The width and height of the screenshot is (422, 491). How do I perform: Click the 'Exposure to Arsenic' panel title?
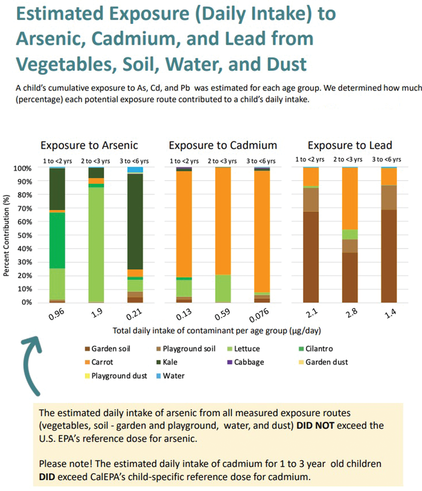(89, 145)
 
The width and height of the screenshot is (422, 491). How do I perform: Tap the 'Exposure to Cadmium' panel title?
(223, 145)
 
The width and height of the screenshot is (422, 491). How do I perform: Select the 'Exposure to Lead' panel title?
(349, 145)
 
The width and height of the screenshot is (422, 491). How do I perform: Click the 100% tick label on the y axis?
(23, 168)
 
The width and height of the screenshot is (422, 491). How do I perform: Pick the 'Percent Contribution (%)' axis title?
(6, 235)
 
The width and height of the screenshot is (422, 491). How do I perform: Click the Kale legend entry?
(167, 362)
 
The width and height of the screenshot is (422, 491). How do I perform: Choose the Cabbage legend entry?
(246, 362)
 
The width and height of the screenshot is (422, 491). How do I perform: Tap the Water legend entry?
(170, 376)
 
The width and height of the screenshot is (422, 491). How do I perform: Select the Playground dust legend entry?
(116, 376)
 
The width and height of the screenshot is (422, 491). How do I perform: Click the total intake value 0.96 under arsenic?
(56, 314)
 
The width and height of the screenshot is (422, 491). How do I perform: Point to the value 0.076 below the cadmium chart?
(259, 315)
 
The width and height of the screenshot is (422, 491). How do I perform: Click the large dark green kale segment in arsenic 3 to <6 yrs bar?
(135, 221)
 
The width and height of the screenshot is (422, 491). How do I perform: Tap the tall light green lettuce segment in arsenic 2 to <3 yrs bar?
(96, 244)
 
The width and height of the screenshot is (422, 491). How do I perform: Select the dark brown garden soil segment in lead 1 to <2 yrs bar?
(311, 257)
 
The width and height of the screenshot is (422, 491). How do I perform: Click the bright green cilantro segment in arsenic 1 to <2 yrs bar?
(57, 241)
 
